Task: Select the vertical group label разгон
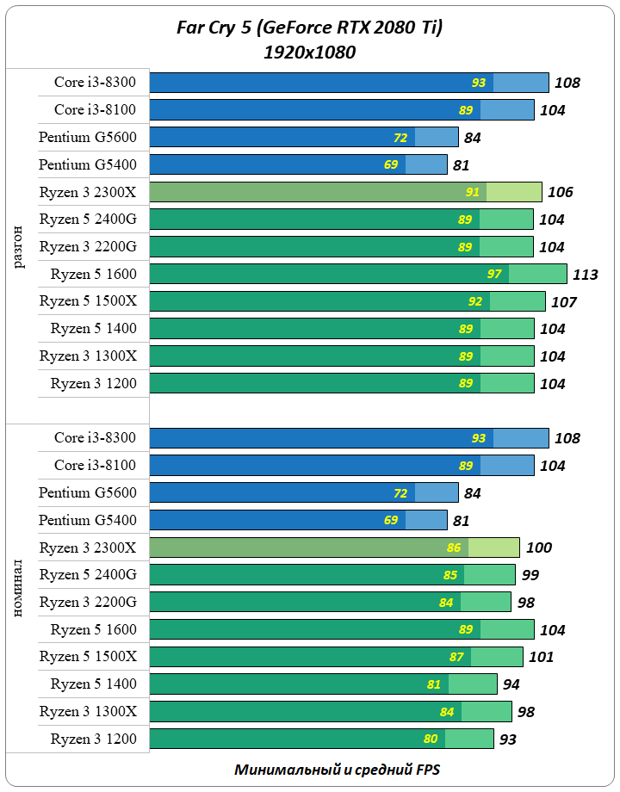click(x=19, y=241)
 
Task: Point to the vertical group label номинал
click(x=19, y=585)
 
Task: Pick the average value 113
click(x=585, y=275)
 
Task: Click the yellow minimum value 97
click(x=494, y=275)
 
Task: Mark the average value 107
click(x=564, y=302)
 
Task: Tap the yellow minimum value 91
click(x=472, y=192)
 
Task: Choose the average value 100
click(x=539, y=548)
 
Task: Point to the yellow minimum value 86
click(x=454, y=548)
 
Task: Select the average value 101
click(x=540, y=657)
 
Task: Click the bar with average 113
click(x=358, y=275)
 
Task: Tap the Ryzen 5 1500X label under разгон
click(x=88, y=301)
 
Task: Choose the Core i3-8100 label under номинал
click(x=95, y=465)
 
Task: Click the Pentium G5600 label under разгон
click(x=87, y=137)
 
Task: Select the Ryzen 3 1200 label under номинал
click(x=93, y=739)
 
